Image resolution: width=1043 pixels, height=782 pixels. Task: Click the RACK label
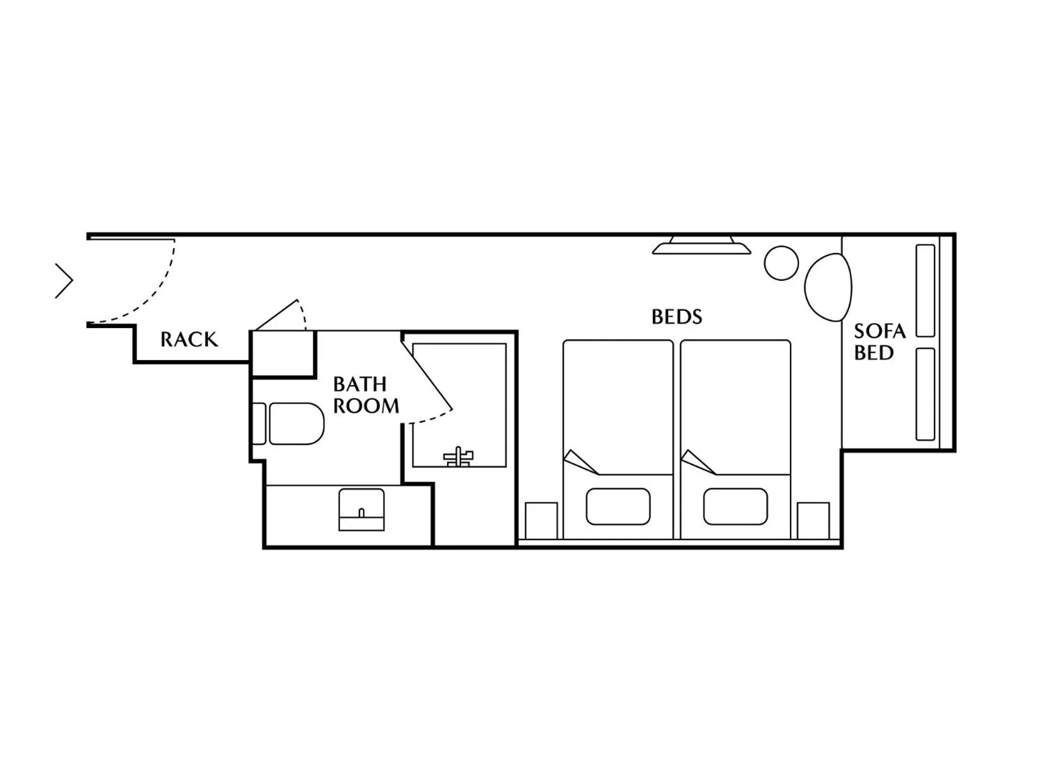coord(189,339)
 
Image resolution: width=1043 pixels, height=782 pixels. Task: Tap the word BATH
coord(360,384)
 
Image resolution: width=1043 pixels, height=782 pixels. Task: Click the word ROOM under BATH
coord(366,406)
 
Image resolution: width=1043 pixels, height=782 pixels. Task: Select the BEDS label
coord(676,317)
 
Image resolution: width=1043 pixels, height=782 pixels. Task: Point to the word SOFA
coord(879,331)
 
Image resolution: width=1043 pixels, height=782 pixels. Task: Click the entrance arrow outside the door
coord(64,281)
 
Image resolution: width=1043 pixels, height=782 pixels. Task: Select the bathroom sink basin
coord(361,509)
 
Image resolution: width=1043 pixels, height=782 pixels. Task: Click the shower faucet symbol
coord(458,457)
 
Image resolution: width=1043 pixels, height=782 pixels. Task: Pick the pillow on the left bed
coord(618,507)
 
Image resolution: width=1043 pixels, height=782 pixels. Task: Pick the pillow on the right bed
coord(735,507)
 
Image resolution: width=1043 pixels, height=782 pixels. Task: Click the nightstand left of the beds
coord(541,520)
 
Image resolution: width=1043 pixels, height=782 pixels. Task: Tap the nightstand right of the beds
coord(813,520)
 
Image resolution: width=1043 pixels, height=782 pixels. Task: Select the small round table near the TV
coord(781,263)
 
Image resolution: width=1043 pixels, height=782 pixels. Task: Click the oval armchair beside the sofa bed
coord(828,287)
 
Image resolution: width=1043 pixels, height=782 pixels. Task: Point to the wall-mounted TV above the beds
coord(701,246)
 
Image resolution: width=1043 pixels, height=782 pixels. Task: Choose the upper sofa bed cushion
coord(925,291)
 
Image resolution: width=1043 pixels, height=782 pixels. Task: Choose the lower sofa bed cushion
coord(925,394)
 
